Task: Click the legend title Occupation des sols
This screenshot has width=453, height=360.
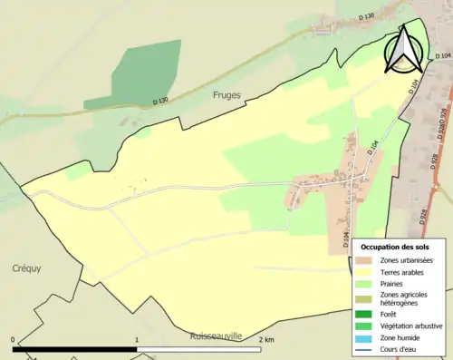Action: point(394,246)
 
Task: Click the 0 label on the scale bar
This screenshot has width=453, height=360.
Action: point(14,340)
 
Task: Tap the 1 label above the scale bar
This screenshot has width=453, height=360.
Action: point(137,340)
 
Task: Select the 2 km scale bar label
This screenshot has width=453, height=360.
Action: point(265,340)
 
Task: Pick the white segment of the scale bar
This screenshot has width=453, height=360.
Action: point(198,349)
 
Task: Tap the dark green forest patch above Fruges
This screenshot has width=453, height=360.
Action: point(136,73)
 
